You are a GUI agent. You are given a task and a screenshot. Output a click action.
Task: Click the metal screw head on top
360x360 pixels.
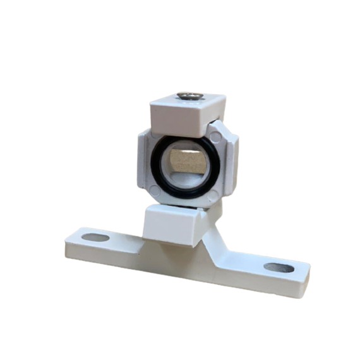190,96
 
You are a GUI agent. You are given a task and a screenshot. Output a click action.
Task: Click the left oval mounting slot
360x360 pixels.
96,237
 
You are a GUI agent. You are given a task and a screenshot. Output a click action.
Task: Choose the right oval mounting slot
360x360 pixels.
279,267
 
